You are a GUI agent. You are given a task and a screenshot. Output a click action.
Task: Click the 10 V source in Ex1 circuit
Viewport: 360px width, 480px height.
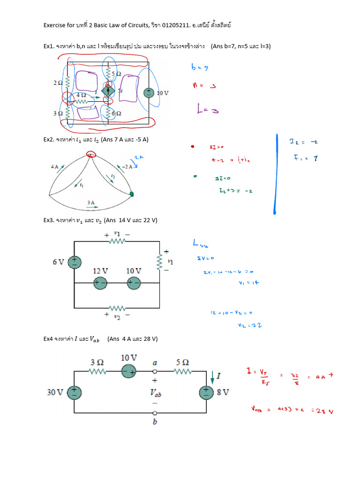(148, 92)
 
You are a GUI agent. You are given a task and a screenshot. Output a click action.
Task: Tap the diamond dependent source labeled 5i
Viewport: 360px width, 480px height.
(109, 90)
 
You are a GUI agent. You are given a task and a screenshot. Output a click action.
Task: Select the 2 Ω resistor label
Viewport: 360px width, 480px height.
(58, 83)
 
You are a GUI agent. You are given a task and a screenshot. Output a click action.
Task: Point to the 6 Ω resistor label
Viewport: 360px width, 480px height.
(116, 114)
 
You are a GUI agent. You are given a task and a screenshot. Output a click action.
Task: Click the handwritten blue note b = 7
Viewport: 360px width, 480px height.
(200, 67)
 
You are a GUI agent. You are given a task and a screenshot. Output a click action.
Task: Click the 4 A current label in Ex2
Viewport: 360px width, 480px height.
(55, 166)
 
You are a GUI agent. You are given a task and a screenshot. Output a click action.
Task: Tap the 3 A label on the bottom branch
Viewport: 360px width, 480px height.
(91, 202)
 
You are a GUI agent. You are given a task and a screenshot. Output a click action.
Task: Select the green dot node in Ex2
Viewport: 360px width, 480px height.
(132, 194)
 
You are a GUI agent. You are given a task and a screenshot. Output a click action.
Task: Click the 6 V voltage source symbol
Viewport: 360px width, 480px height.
(74, 262)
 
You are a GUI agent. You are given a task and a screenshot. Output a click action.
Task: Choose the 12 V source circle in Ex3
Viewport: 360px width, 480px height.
(100, 283)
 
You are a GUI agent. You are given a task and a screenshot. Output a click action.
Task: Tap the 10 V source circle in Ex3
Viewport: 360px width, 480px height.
(134, 283)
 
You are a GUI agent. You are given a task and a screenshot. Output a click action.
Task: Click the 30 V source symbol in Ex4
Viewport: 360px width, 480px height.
(74, 392)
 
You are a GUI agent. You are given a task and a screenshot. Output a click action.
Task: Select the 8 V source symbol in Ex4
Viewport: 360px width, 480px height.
(206, 392)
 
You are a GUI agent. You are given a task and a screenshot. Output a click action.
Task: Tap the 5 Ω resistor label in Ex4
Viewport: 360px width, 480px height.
(182, 362)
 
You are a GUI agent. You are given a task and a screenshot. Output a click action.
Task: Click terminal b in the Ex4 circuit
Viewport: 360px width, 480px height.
(154, 413)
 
